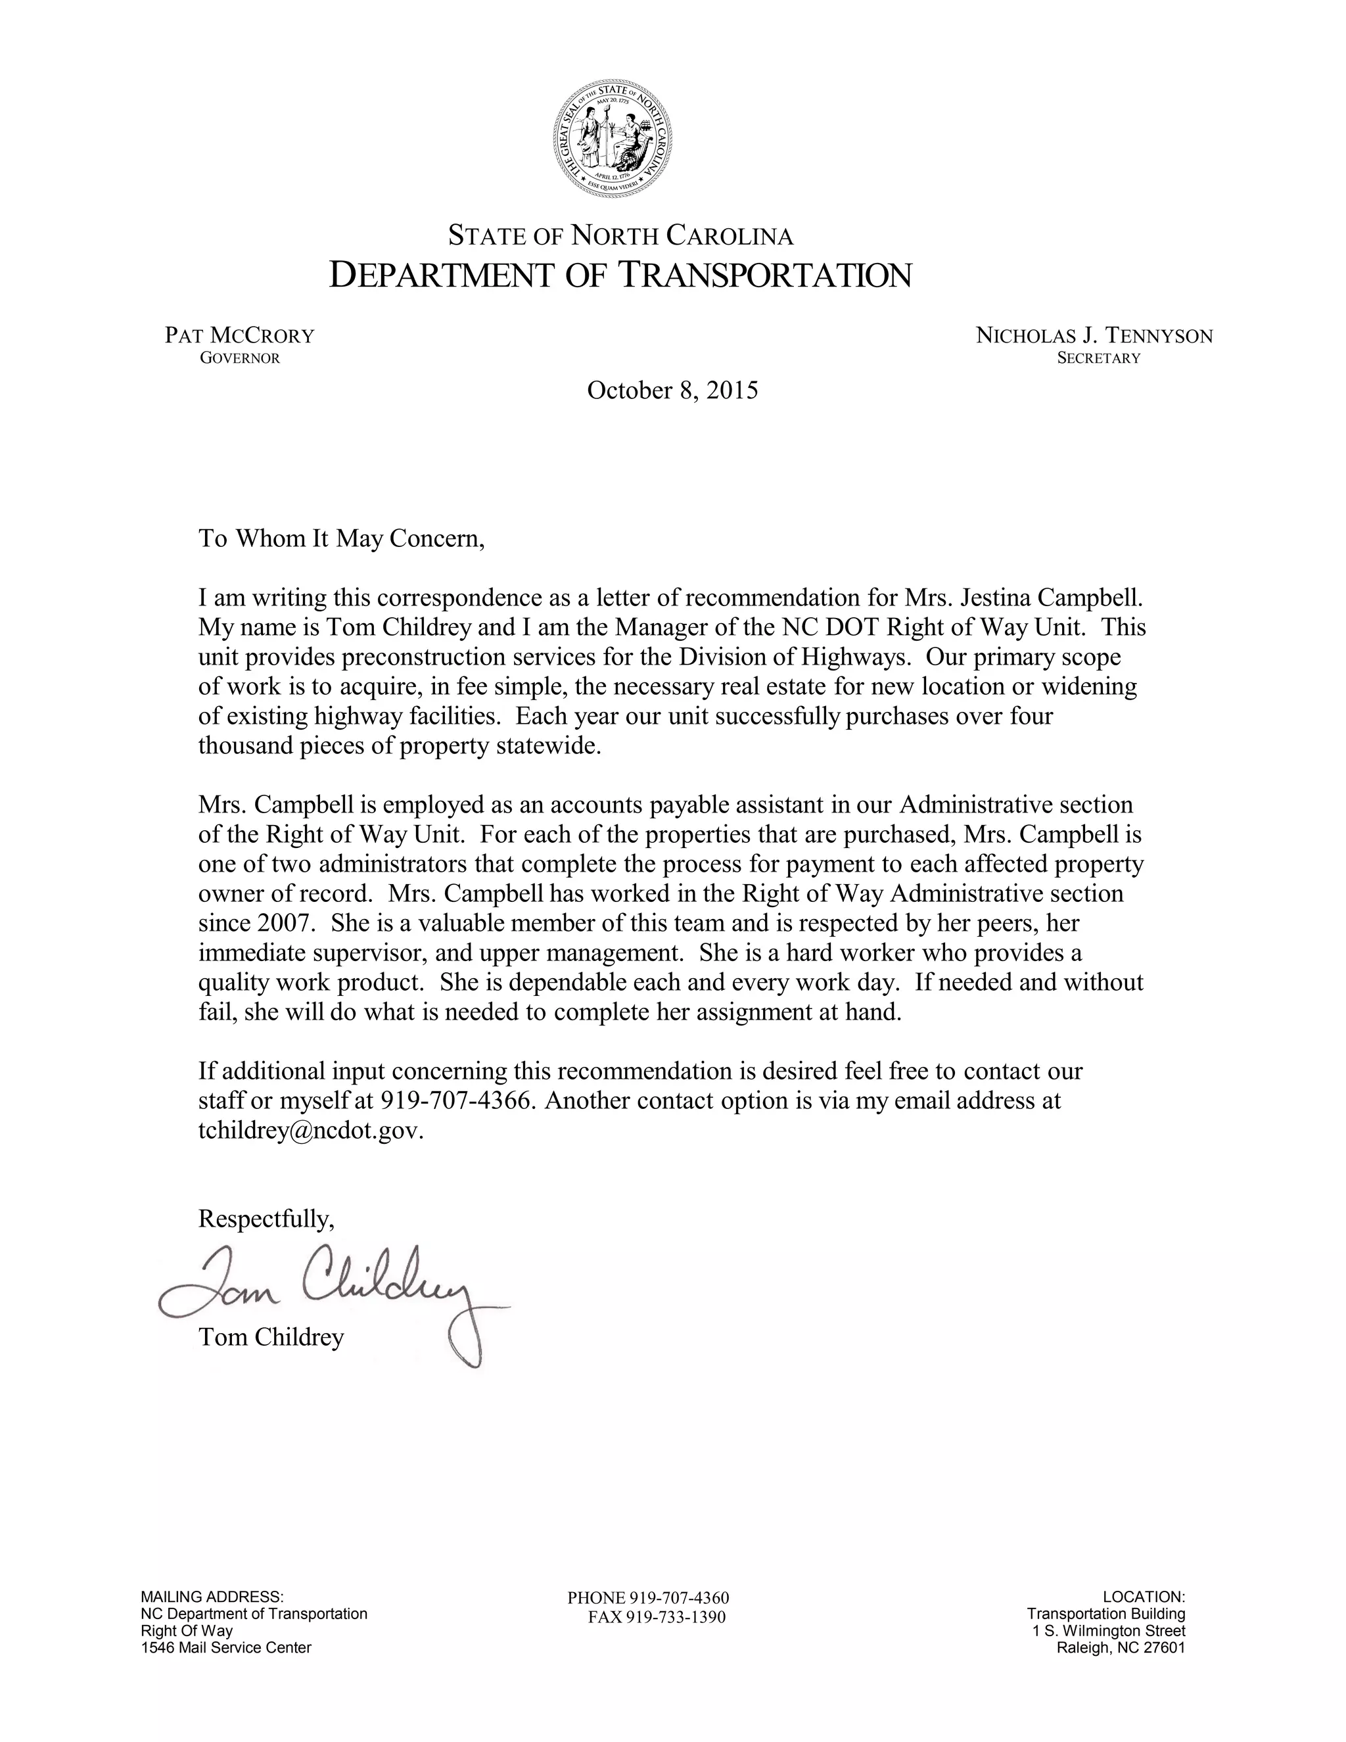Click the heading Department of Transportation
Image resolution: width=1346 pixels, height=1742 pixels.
[620, 275]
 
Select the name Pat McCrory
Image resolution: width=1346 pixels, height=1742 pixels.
[239, 335]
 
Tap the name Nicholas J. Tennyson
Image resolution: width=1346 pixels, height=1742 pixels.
[1094, 336]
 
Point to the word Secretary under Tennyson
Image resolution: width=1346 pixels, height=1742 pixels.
[1098, 358]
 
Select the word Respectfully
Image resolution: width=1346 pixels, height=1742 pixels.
[266, 1219]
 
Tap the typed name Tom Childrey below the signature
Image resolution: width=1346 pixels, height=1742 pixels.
[271, 1337]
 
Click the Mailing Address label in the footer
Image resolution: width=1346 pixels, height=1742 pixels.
[212, 1597]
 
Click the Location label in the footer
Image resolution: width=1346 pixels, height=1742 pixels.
[1144, 1597]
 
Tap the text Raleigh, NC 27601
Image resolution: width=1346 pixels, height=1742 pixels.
[1121, 1648]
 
